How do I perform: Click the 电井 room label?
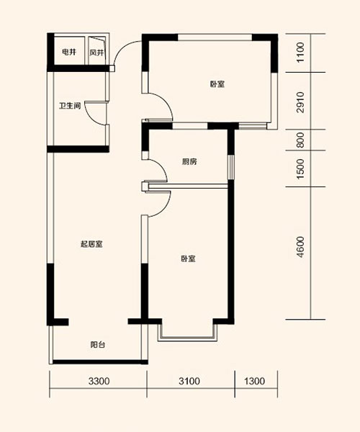[69, 52]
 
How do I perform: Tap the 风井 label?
[96, 53]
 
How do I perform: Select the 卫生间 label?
[70, 106]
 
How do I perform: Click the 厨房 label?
[189, 161]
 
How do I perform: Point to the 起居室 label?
[91, 244]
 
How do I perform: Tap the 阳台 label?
[98, 344]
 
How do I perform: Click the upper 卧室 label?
[217, 84]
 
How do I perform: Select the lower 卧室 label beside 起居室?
[189, 258]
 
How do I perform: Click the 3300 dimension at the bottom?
[99, 382]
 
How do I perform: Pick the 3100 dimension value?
[189, 382]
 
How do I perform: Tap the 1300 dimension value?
[254, 382]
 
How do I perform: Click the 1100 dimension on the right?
[300, 53]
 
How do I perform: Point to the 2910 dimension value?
[300, 102]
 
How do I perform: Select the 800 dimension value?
[300, 140]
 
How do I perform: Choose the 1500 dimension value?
[300, 168]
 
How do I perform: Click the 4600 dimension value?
[300, 247]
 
